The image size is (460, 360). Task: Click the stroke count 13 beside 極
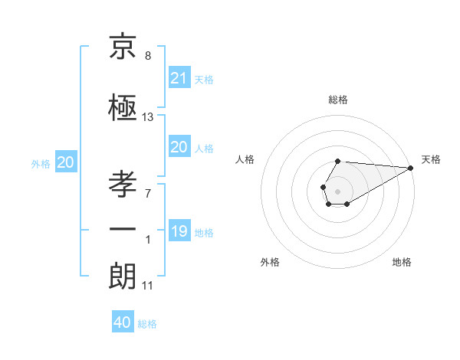pyautogui.click(x=148, y=117)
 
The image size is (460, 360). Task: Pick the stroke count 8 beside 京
pyautogui.click(x=148, y=56)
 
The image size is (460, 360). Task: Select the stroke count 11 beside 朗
pyautogui.click(x=148, y=286)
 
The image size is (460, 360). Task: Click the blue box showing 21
pyautogui.click(x=179, y=77)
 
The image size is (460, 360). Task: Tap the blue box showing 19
pyautogui.click(x=179, y=231)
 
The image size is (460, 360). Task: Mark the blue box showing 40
pyautogui.click(x=123, y=322)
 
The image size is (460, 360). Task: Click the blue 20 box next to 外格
pyautogui.click(x=66, y=162)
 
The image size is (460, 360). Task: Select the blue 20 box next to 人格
pyautogui.click(x=179, y=147)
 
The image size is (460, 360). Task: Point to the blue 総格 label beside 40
pyautogui.click(x=147, y=324)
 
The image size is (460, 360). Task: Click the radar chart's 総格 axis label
pyautogui.click(x=337, y=100)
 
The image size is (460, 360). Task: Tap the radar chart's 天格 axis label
pyautogui.click(x=431, y=159)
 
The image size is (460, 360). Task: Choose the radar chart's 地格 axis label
pyautogui.click(x=402, y=262)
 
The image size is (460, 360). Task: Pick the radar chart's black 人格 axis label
pyautogui.click(x=245, y=159)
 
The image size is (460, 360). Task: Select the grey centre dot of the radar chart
pyautogui.click(x=337, y=190)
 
